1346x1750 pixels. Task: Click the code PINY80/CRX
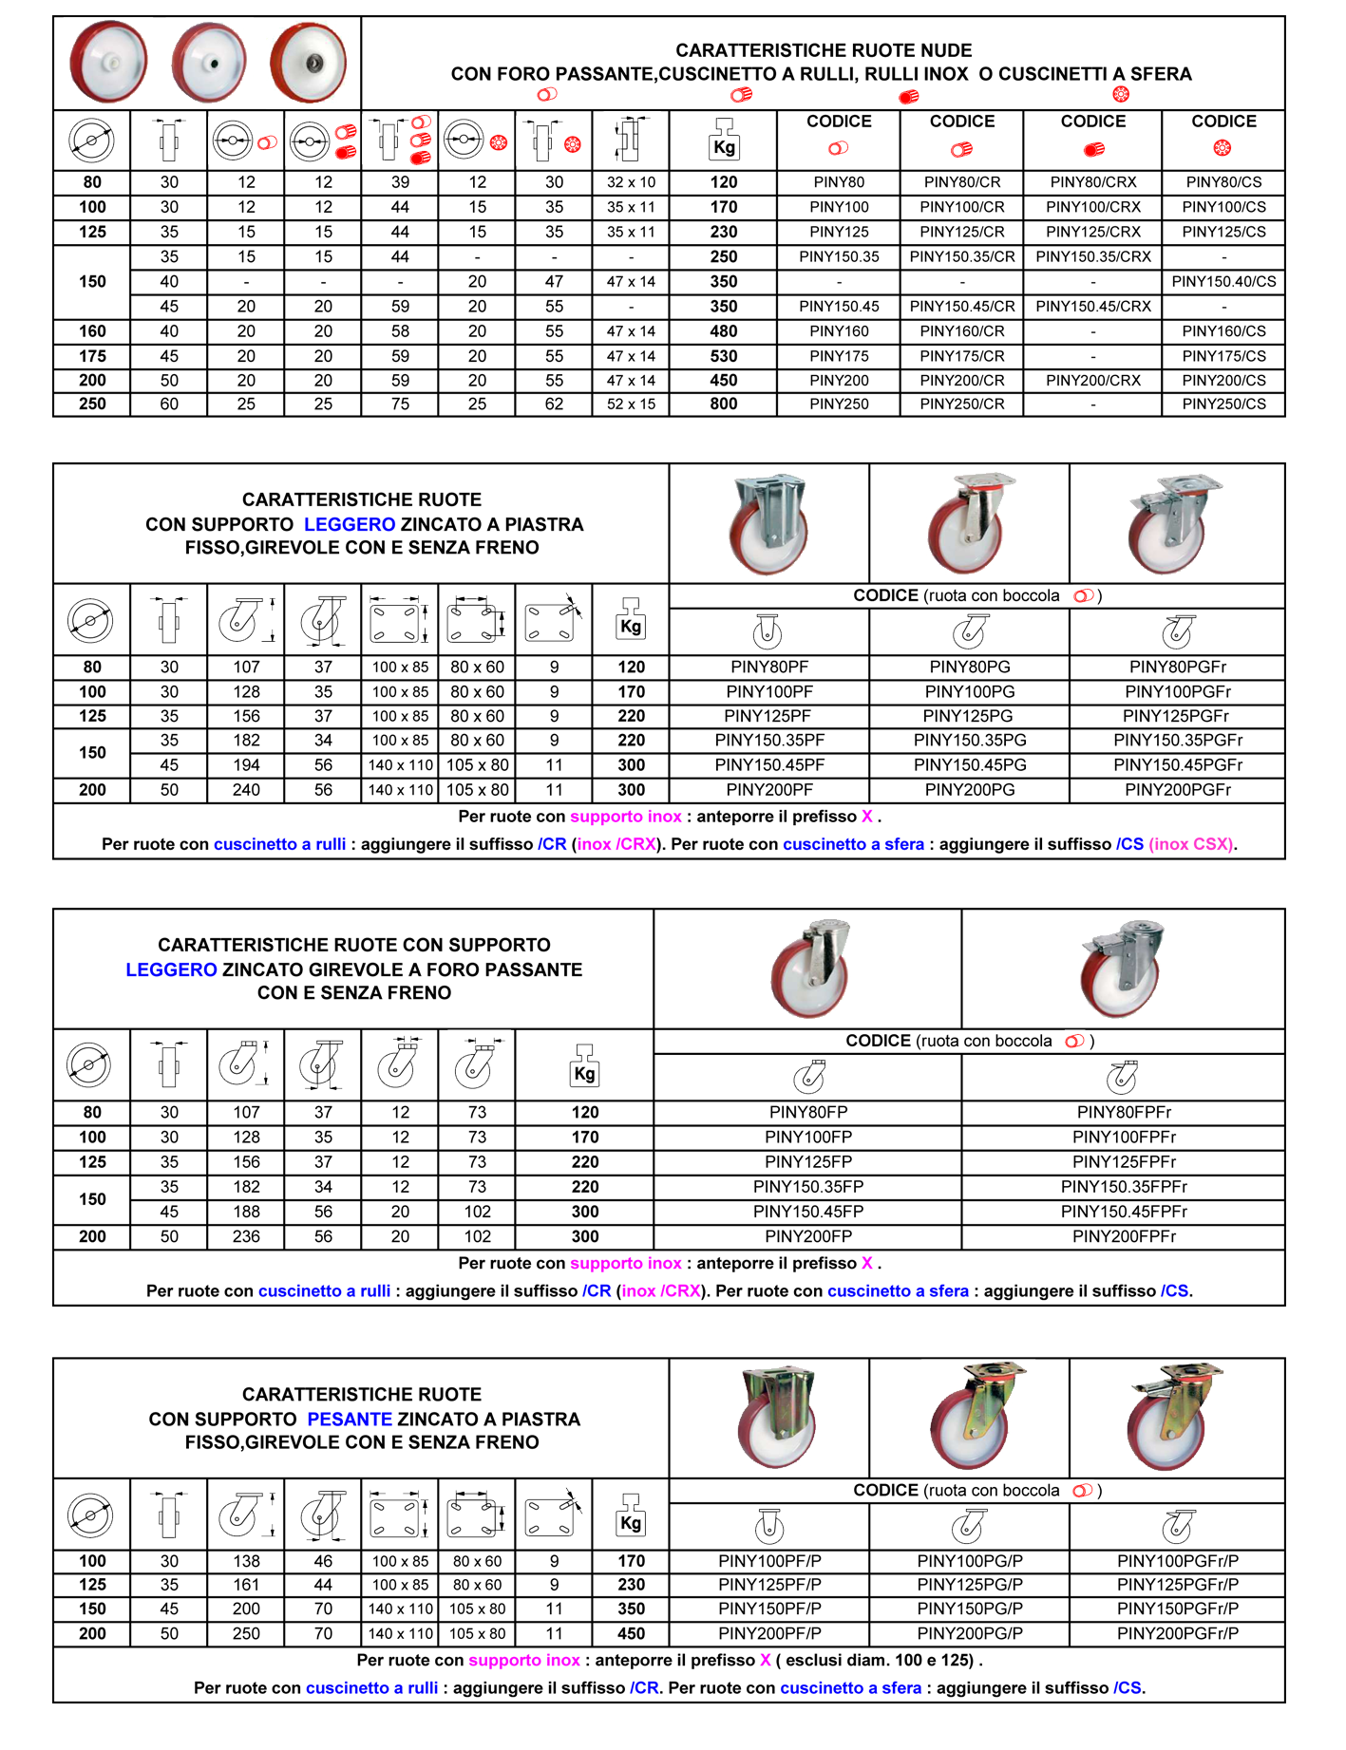[1092, 182]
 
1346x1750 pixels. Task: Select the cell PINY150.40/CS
[1223, 281]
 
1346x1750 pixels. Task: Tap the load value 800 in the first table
[724, 404]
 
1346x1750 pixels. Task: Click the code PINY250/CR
[962, 404]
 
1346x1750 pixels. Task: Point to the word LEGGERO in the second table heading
[350, 524]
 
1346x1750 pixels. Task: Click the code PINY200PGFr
[1178, 790]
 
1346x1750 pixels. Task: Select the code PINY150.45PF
[769, 765]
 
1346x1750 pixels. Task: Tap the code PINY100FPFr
[1124, 1138]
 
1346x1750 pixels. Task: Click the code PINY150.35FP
[808, 1187]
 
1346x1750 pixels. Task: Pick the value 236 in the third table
[246, 1236]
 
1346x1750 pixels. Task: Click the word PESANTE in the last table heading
[350, 1420]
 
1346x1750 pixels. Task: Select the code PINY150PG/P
[970, 1609]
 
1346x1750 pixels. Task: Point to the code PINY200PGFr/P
[1178, 1634]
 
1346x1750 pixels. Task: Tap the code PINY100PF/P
[769, 1561]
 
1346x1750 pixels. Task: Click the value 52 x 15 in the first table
[631, 404]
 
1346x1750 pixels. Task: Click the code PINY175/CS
[1223, 356]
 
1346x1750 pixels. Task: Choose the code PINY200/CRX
[1092, 381]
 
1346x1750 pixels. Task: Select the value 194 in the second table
[246, 765]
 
